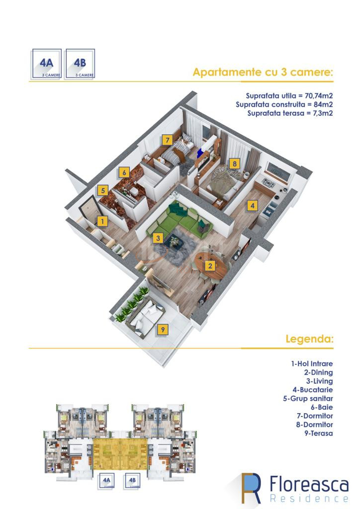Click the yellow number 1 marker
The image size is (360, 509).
tap(101, 221)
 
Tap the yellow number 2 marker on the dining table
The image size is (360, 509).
tap(210, 265)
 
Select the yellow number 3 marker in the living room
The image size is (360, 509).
tap(158, 238)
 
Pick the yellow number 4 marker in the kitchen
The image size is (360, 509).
tap(252, 205)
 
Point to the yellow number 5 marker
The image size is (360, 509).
tap(102, 190)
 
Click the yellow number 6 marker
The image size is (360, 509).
tap(124, 172)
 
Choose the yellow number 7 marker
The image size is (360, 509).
tap(169, 140)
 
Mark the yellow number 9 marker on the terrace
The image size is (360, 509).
tap(162, 329)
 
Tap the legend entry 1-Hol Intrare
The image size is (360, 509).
tap(312, 364)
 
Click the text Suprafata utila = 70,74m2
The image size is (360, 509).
tap(289, 95)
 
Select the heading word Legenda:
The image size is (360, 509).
tap(309, 339)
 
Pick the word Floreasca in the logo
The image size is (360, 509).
tap(308, 483)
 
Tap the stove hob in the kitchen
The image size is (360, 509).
tap(269, 183)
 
